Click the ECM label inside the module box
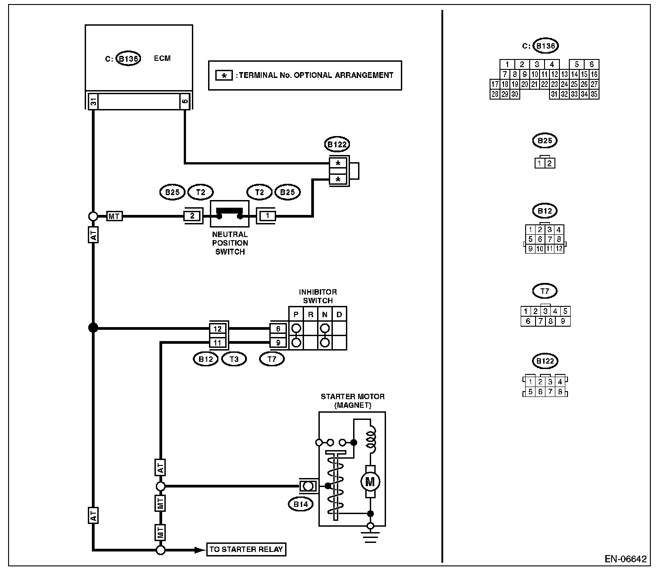162,59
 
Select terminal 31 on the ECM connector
93,102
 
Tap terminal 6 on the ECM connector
185,102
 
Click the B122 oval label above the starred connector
337,144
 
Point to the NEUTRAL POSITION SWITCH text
230,243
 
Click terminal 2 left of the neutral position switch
192,216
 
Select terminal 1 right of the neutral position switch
267,216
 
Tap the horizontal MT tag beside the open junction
114,216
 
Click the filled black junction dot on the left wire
93,328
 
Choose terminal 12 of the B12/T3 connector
218,329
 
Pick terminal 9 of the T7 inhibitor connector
278,343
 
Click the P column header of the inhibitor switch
296,314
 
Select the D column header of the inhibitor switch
339,314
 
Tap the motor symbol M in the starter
370,482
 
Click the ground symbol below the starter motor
370,537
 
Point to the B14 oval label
300,504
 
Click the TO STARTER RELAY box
246,549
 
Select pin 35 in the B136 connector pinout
594,94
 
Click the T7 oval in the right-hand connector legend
545,291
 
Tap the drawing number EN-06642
626,559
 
